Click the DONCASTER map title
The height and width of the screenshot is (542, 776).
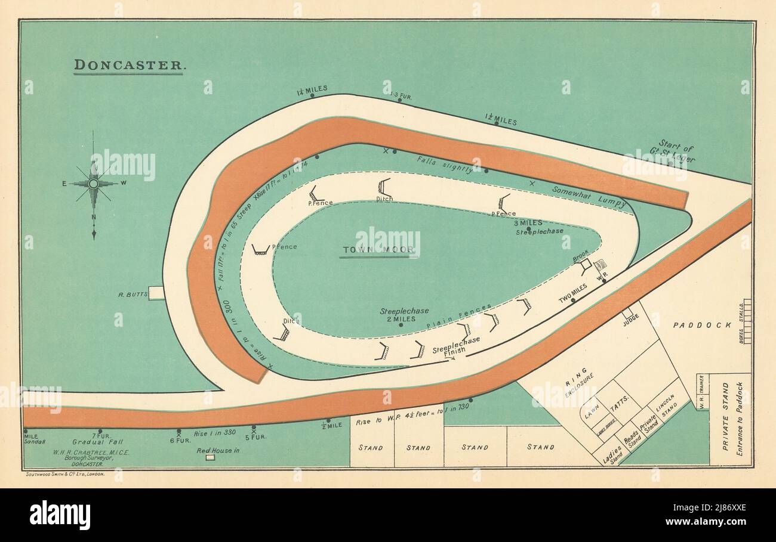pyautogui.click(x=128, y=65)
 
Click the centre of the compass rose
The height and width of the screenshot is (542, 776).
pyautogui.click(x=93, y=184)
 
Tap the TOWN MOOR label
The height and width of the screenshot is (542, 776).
pyautogui.click(x=379, y=250)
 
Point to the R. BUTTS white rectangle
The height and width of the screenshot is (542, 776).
pyautogui.click(x=156, y=293)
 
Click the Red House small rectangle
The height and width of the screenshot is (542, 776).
pyautogui.click(x=210, y=457)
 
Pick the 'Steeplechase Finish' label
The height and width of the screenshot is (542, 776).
pyautogui.click(x=456, y=345)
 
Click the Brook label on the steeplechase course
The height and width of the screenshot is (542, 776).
pyautogui.click(x=580, y=253)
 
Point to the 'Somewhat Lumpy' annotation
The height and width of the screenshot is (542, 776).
pyautogui.click(x=589, y=197)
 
